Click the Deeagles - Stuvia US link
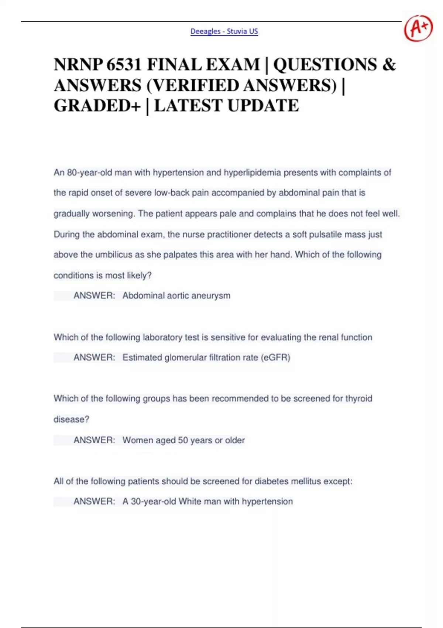pos(224,31)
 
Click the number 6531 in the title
pos(124,65)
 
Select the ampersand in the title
pos(389,65)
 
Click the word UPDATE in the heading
pos(263,106)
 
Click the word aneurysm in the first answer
pos(213,296)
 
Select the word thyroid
pos(358,399)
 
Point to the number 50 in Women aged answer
pos(183,440)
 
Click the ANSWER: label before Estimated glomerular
pos(94,358)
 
